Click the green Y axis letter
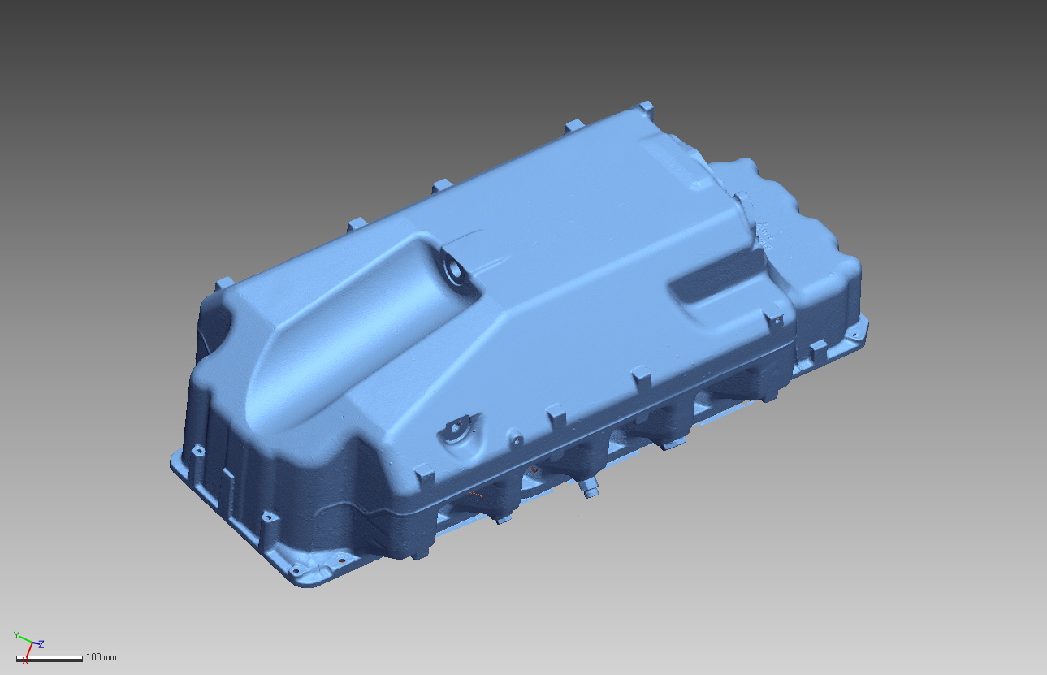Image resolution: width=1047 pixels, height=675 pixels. pyautogui.click(x=16, y=635)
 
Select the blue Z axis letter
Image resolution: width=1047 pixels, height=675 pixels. pyautogui.click(x=41, y=644)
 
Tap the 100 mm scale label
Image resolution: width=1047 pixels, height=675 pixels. pyautogui.click(x=102, y=657)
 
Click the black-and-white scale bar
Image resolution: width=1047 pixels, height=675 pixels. pyautogui.click(x=50, y=659)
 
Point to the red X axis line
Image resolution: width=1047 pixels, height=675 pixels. pyautogui.click(x=28, y=651)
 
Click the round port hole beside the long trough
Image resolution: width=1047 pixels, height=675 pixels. pyautogui.click(x=454, y=270)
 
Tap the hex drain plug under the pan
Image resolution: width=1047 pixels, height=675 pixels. pyautogui.click(x=588, y=490)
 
